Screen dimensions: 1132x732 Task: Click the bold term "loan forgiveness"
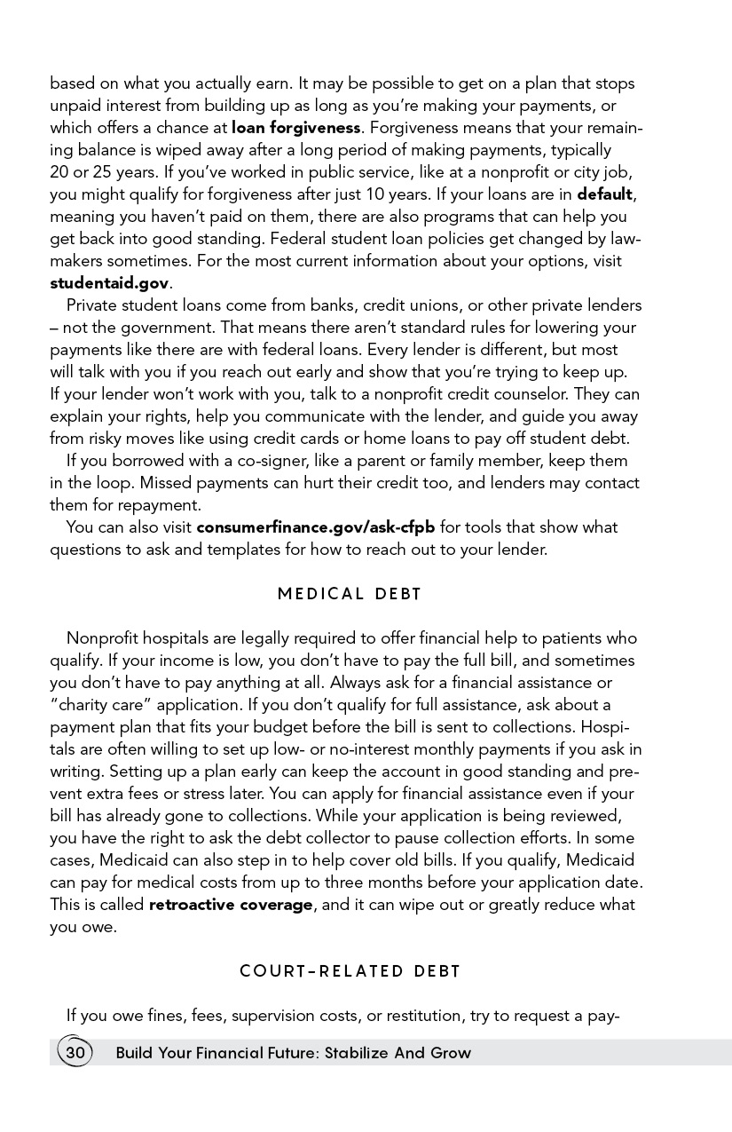295,128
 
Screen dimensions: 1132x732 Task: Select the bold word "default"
604,194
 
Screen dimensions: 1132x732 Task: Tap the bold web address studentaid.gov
109,283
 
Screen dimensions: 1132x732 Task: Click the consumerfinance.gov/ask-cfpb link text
315,527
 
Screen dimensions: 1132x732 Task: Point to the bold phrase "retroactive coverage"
231,905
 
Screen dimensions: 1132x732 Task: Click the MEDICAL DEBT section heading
350,594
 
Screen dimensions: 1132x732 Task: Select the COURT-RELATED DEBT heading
350,971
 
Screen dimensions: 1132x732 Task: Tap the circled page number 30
75,1053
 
